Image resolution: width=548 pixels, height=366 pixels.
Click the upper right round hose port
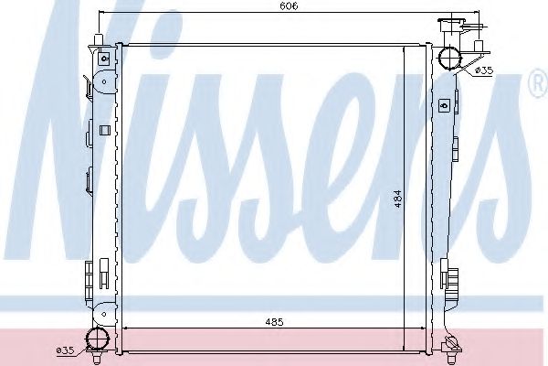click(451, 59)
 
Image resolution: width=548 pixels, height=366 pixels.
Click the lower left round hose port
click(96, 340)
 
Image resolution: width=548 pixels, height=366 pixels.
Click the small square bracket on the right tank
click(444, 102)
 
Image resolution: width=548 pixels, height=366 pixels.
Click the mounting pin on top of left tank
click(96, 37)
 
